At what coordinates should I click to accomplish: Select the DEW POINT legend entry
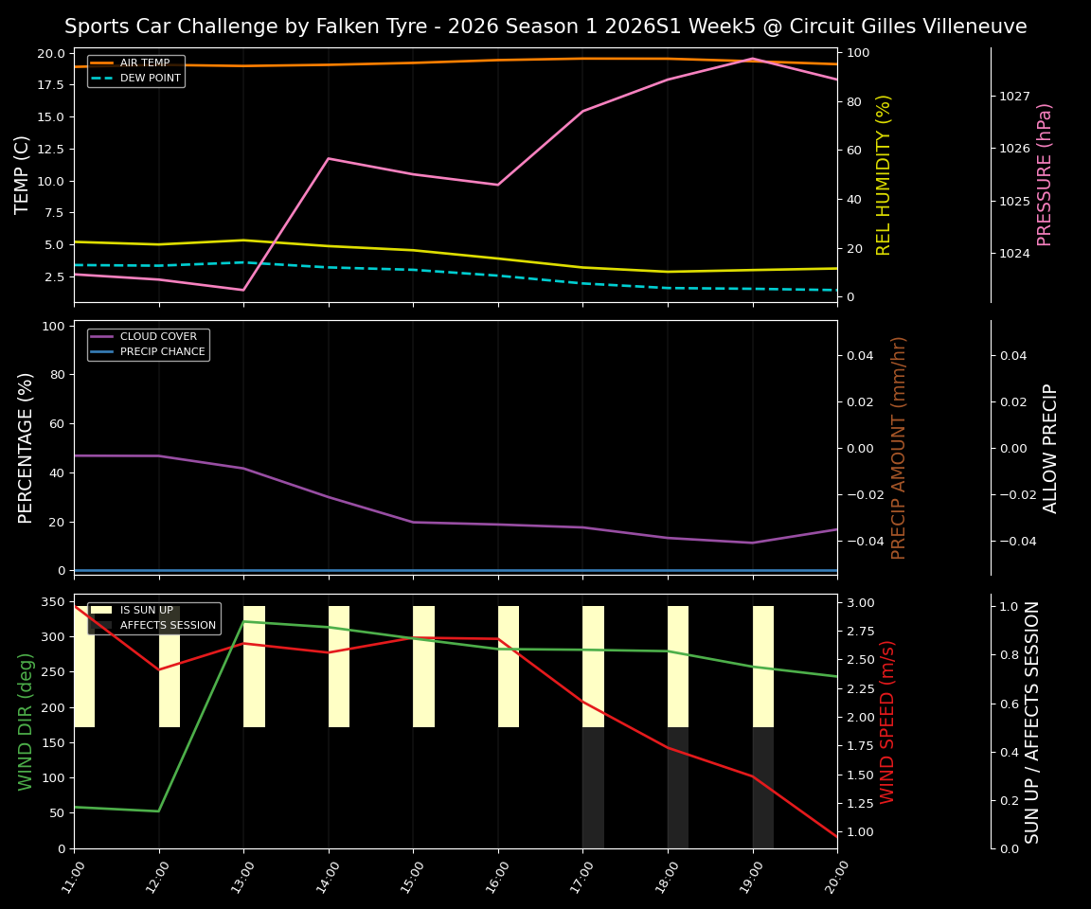pyautogui.click(x=150, y=79)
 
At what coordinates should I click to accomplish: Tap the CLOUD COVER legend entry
pyautogui.click(x=158, y=337)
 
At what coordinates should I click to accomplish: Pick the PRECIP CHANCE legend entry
pyautogui.click(x=162, y=352)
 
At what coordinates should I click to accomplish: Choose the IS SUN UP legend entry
pyautogui.click(x=146, y=611)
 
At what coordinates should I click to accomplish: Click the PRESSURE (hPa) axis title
pyautogui.click(x=1045, y=174)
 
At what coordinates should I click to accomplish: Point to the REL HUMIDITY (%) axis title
pyautogui.click(x=885, y=174)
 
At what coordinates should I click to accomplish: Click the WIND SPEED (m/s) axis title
pyautogui.click(x=887, y=722)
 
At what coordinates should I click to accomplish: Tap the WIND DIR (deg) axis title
pyautogui.click(x=26, y=722)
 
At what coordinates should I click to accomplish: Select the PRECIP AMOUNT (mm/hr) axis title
pyautogui.click(x=899, y=448)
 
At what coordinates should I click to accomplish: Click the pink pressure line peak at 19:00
pyautogui.click(x=753, y=59)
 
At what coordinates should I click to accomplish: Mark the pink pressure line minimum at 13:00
pyautogui.click(x=243, y=290)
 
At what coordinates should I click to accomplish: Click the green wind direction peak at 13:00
pyautogui.click(x=243, y=621)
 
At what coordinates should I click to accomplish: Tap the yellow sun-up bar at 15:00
pyautogui.click(x=423, y=667)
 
